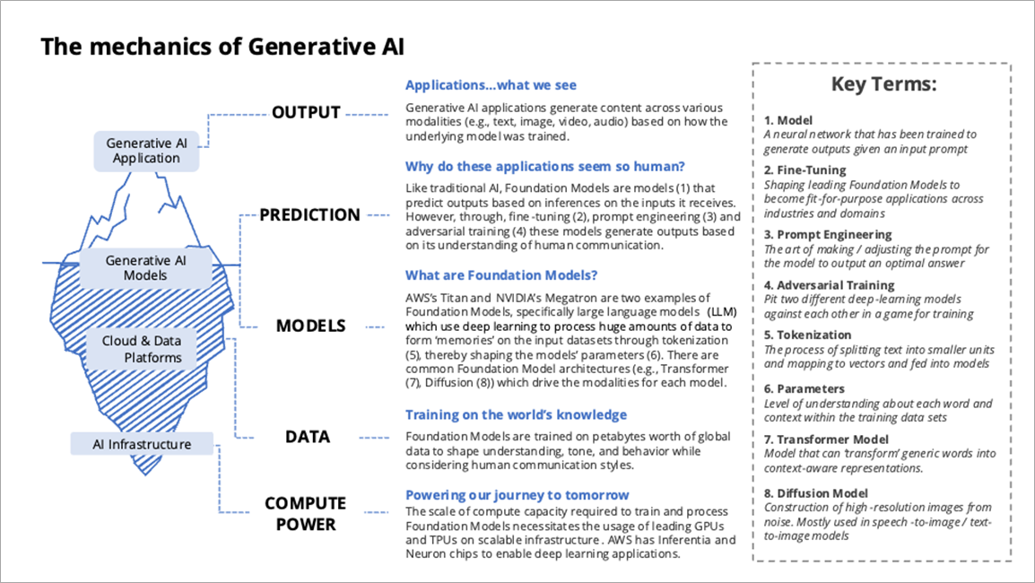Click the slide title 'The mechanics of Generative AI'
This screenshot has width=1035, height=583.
pos(222,48)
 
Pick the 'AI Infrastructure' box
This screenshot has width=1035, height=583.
pos(143,444)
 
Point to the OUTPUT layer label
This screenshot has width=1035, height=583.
pos(307,113)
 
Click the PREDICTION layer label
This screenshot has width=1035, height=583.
pos(310,215)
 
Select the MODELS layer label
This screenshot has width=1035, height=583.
pos(311,326)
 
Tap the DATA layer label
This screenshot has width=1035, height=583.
pos(308,437)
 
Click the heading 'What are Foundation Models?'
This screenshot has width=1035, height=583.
pos(501,275)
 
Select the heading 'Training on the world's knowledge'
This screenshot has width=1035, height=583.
pos(516,414)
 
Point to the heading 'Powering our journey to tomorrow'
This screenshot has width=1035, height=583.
pos(517,495)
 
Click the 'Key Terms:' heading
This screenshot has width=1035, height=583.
pos(883,85)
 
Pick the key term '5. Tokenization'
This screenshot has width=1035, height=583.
pos(807,335)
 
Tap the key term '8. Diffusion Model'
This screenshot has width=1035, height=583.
pos(815,492)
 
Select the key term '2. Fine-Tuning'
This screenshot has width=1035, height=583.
pos(805,170)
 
